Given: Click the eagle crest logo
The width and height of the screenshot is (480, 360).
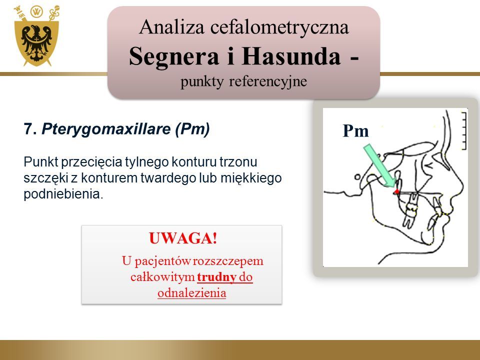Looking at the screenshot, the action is (x=36, y=36).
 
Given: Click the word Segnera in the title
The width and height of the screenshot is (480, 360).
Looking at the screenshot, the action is (x=174, y=56).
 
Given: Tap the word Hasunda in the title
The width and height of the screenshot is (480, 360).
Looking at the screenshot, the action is (x=291, y=56).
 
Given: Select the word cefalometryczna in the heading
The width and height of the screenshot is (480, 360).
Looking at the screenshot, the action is (x=279, y=27).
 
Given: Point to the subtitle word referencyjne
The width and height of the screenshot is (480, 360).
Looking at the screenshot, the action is (x=268, y=81).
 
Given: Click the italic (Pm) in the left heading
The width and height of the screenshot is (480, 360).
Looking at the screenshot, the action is (x=192, y=129).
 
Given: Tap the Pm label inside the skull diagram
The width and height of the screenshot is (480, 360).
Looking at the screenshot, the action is (x=355, y=130).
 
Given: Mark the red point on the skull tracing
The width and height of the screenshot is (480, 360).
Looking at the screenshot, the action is (x=396, y=191).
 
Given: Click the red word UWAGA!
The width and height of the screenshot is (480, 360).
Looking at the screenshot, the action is (x=183, y=238).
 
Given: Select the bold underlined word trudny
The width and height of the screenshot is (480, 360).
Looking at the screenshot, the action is (x=216, y=277).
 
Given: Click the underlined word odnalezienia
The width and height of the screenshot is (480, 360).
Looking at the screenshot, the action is (x=192, y=293).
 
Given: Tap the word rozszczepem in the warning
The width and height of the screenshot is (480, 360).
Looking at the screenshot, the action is (x=228, y=261).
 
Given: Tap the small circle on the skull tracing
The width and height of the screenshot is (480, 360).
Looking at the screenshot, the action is (x=357, y=177).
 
